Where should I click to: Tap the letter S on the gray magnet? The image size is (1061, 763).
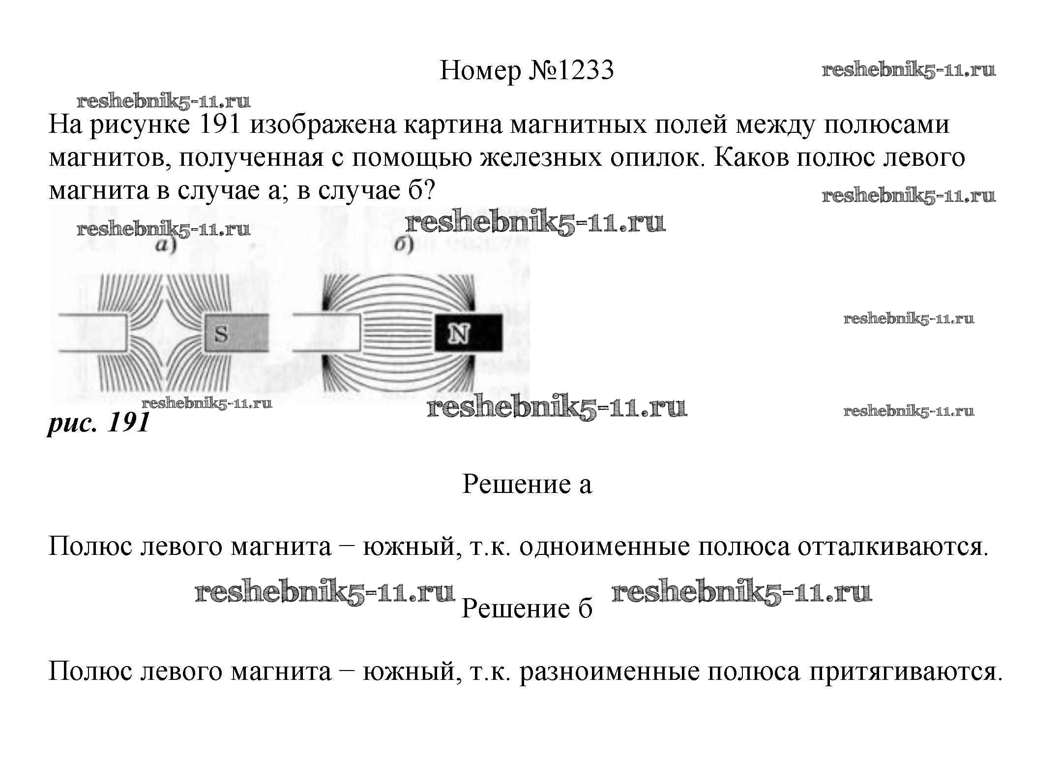coord(222,334)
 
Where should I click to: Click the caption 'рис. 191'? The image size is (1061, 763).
coord(98,422)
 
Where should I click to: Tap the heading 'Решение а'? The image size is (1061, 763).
coord(527,484)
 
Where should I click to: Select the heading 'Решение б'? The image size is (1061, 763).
coord(527,609)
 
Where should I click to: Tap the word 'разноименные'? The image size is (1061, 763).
coord(609,671)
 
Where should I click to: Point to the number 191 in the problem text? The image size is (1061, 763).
coord(220,124)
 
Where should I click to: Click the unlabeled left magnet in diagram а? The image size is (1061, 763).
coord(93,333)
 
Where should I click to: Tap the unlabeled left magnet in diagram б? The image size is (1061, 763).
coord(327,333)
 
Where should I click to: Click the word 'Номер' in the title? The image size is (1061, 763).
coord(480,70)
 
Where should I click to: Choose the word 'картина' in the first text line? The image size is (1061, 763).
coord(452,124)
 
